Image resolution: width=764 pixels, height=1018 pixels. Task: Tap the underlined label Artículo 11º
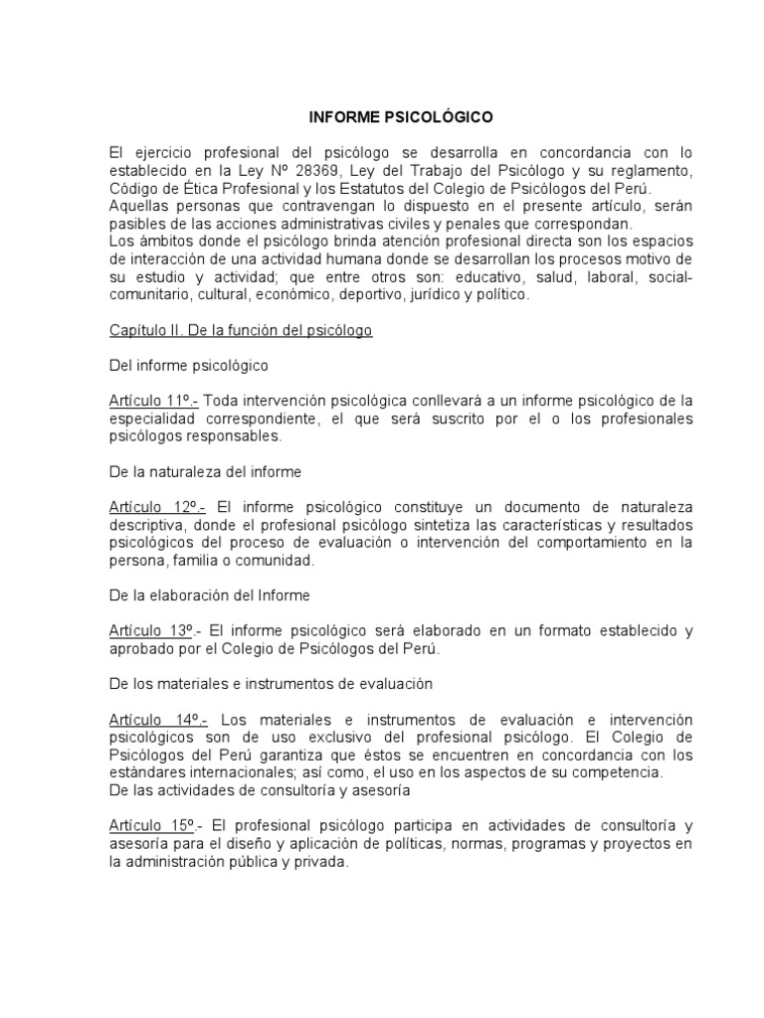tap(154, 400)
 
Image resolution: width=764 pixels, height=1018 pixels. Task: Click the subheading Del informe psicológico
tap(189, 366)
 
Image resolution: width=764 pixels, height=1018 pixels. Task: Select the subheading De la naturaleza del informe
tap(206, 471)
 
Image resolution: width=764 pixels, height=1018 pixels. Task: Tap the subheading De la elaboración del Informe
tap(210, 595)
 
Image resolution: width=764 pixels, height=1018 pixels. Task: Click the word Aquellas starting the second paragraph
tap(139, 206)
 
